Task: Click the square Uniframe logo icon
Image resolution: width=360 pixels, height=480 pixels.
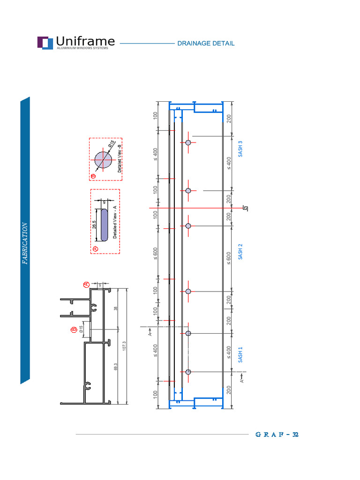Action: (x=45, y=43)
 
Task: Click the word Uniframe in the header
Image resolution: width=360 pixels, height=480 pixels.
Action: (x=85, y=41)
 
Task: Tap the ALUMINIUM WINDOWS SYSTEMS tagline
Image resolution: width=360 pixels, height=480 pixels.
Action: (x=85, y=48)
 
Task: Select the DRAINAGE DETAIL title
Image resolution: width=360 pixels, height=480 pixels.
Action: (x=206, y=44)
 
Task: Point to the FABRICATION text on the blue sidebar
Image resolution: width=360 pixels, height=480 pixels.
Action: (x=25, y=243)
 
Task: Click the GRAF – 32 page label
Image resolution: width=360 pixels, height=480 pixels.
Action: (x=277, y=435)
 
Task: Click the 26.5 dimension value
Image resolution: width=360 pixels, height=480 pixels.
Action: (x=94, y=225)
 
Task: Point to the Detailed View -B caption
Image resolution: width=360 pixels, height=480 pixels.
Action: (x=119, y=157)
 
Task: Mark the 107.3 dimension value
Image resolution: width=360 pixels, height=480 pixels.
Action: (x=124, y=346)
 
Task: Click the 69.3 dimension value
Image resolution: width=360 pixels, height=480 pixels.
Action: (x=115, y=368)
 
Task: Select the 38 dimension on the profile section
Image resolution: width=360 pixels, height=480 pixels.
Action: (x=115, y=309)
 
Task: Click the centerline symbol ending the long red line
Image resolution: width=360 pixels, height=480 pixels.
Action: (x=245, y=208)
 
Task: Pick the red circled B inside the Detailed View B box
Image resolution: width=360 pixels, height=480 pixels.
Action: (x=93, y=176)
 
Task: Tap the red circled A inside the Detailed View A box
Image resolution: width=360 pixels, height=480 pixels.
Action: (x=95, y=248)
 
